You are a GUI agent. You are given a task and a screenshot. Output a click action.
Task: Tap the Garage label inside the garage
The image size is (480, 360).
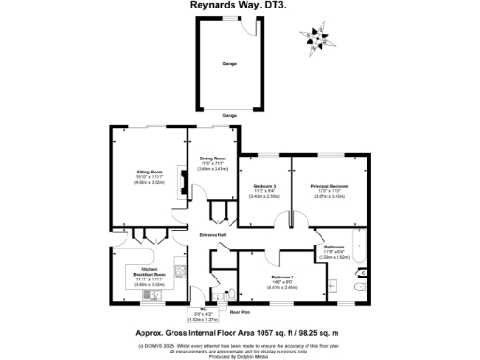230,65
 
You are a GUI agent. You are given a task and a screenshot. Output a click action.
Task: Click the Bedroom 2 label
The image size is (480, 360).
283,277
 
